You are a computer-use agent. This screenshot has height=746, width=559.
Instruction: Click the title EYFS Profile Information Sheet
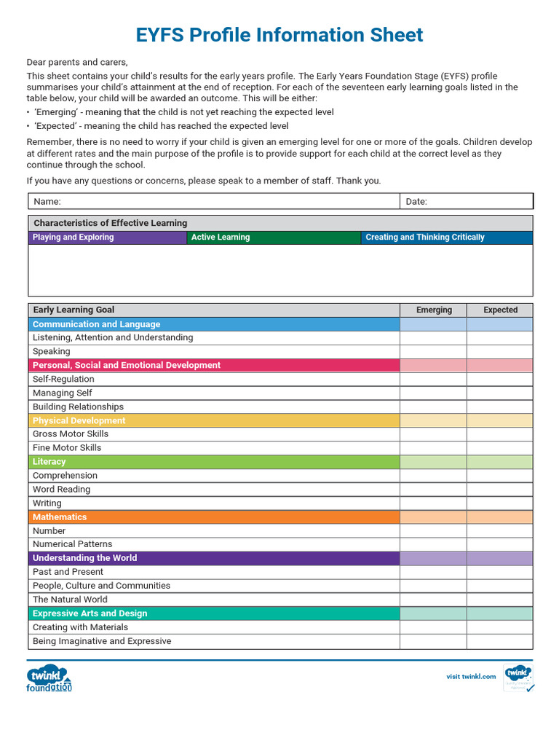click(279, 34)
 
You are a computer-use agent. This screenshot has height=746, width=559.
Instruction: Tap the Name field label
click(47, 202)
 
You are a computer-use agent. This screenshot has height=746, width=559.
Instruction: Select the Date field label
click(416, 202)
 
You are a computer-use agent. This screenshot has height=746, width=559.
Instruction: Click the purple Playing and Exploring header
click(74, 237)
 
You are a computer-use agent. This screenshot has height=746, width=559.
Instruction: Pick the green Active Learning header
click(221, 237)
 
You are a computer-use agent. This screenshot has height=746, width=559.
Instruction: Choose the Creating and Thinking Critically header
click(424, 237)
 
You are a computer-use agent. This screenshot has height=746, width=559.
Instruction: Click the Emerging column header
click(434, 310)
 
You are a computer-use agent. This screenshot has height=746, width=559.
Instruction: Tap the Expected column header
click(500, 310)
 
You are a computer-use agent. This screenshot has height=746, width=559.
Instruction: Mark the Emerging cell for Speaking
click(433, 352)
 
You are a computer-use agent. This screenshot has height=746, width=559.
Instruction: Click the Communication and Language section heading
click(96, 324)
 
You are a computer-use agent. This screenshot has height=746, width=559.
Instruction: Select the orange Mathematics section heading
click(60, 517)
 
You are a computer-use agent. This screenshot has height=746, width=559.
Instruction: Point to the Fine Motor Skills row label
click(67, 448)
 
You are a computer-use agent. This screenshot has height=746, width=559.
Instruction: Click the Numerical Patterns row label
click(73, 544)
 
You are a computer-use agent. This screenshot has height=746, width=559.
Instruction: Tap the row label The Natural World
click(70, 600)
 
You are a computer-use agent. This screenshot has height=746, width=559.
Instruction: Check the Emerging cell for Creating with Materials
click(433, 627)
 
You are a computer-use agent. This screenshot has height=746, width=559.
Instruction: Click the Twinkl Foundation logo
click(49, 678)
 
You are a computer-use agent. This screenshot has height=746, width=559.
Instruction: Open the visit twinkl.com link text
click(471, 677)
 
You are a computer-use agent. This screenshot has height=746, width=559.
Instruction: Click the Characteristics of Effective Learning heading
click(111, 224)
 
